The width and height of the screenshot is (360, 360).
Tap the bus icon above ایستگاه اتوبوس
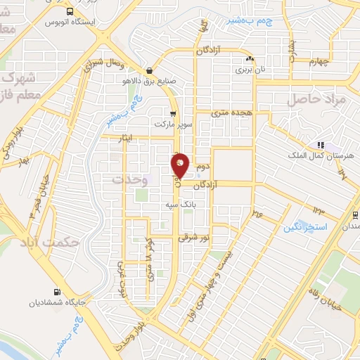click(x=69, y=12)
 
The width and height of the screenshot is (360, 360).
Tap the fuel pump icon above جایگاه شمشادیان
click(x=56, y=292)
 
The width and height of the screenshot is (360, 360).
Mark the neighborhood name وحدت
click(x=131, y=180)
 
